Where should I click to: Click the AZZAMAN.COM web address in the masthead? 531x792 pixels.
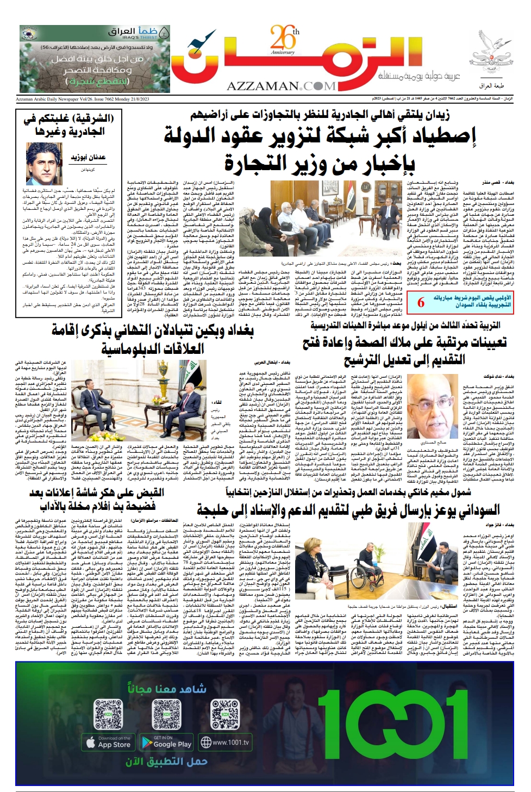[281, 86]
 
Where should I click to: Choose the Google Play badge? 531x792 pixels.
[166, 742]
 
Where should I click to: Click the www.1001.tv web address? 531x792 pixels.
[225, 742]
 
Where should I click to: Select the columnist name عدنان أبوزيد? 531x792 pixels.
[88, 158]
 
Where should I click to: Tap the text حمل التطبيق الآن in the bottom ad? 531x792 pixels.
[166, 761]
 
